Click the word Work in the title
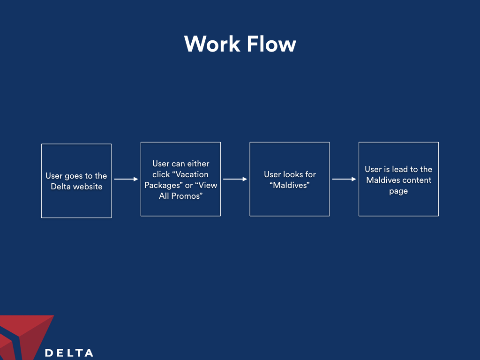[x=212, y=44]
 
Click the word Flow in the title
[x=272, y=44]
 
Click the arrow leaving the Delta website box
[x=126, y=179]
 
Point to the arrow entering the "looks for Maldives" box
[x=235, y=179]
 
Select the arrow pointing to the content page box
[x=344, y=179]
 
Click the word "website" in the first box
[x=88, y=187]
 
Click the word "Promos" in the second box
[x=187, y=196]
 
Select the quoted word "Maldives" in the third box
[x=290, y=185]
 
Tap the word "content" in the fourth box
[x=418, y=180]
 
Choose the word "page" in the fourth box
[x=398, y=191]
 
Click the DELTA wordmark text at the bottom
[x=69, y=353]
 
